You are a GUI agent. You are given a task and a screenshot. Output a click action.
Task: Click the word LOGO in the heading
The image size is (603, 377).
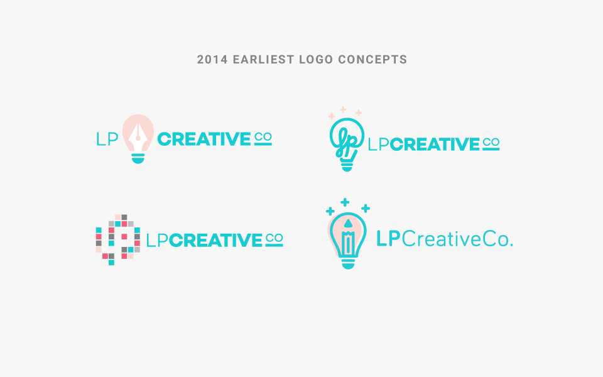tap(316, 60)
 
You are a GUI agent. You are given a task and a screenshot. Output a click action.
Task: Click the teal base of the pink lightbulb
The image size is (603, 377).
tap(138, 158)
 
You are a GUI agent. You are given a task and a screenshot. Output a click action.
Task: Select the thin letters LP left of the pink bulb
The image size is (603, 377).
tap(107, 139)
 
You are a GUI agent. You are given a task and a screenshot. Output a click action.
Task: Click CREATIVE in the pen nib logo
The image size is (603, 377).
tap(204, 139)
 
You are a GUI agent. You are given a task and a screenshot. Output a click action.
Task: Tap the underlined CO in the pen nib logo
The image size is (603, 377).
tap(263, 139)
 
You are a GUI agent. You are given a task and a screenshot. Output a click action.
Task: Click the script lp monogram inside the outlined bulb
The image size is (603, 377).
tap(346, 143)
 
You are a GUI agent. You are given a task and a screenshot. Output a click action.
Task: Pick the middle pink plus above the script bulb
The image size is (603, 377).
tap(343, 109)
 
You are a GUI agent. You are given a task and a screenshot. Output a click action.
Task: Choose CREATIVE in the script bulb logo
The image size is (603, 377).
tap(435, 145)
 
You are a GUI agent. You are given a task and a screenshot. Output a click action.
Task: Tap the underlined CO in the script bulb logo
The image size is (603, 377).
tap(491, 144)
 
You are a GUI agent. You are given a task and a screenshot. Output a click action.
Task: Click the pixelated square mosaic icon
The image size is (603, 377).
tap(117, 239)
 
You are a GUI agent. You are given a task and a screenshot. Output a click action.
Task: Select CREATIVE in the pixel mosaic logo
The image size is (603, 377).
tap(215, 241)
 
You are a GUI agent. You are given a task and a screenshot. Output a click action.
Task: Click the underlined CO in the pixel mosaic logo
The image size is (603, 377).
tap(274, 239)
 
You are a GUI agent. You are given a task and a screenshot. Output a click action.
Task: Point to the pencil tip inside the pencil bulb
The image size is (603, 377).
tap(348, 224)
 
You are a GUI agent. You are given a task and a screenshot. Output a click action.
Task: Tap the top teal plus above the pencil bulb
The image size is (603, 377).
tap(345, 202)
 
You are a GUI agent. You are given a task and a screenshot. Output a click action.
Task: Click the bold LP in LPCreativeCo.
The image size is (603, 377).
tap(388, 239)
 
